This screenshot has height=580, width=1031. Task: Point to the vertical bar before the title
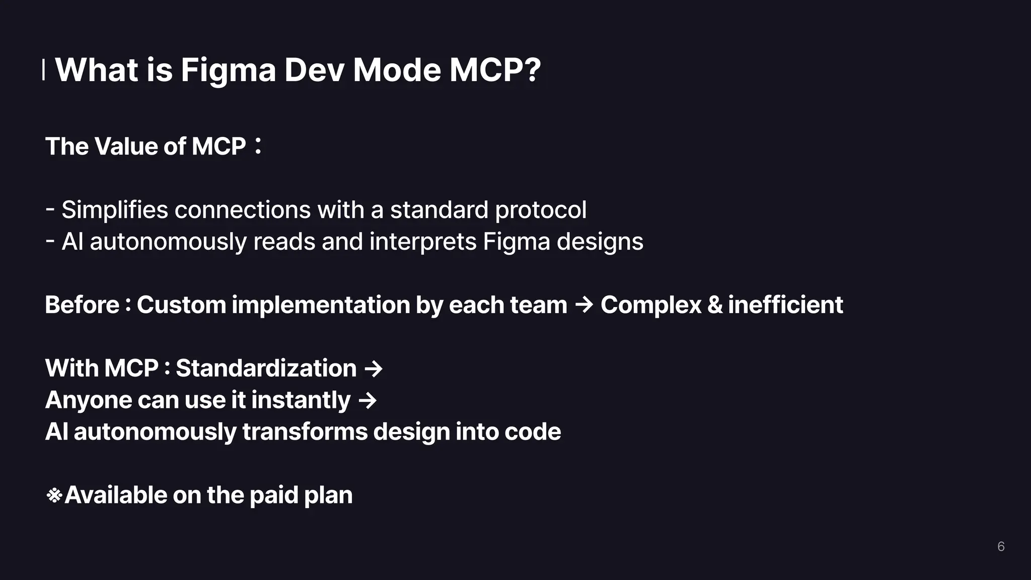click(x=43, y=69)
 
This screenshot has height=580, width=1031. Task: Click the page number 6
click(x=1001, y=547)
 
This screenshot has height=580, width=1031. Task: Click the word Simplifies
click(x=114, y=210)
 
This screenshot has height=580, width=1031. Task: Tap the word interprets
click(x=422, y=242)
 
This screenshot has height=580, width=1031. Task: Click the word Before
click(x=82, y=305)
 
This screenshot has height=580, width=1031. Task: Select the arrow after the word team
click(x=583, y=305)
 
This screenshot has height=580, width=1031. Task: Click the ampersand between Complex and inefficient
click(x=714, y=305)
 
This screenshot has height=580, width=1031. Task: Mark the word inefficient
click(x=785, y=305)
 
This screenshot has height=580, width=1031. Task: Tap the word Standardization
click(x=266, y=369)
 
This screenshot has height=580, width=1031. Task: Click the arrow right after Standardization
click(x=373, y=369)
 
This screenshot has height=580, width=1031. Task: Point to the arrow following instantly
click(x=367, y=401)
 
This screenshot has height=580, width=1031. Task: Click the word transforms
click(x=305, y=432)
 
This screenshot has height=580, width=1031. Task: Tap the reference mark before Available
click(x=54, y=496)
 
